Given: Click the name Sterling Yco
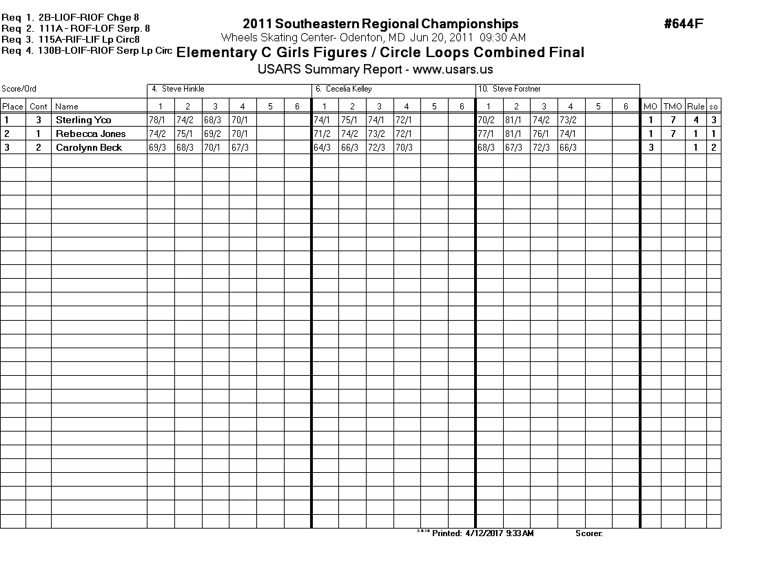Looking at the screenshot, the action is [83, 120].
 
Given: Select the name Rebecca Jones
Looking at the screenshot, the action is [90, 134].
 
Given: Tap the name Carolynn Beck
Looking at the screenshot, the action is [89, 147].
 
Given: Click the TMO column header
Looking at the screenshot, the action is [672, 107].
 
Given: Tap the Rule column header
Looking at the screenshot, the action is [695, 107].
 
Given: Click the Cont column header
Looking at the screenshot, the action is [39, 107].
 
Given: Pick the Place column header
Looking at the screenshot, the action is [12, 107].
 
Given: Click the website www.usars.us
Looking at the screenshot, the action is [453, 70].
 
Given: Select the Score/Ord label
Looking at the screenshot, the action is [19, 89].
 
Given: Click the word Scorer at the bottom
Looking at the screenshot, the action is [588, 533].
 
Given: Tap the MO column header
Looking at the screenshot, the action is [650, 107].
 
